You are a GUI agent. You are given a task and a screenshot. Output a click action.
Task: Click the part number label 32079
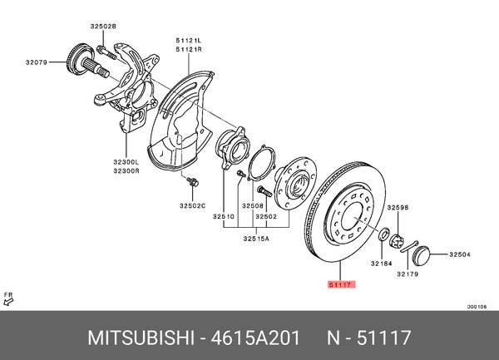click(x=37, y=61)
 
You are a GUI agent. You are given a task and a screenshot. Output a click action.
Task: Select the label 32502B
click(x=105, y=26)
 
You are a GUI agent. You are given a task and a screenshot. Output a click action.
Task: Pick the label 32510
click(x=222, y=217)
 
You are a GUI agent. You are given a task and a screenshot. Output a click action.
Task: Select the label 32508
click(x=253, y=205)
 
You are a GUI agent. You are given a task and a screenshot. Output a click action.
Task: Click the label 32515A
click(x=254, y=239)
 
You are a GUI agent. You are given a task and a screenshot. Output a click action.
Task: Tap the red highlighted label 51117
click(x=340, y=284)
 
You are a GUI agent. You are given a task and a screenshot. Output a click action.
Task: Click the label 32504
click(x=460, y=254)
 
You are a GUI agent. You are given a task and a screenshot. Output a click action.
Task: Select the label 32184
click(x=382, y=264)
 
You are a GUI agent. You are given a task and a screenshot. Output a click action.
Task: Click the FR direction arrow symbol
click(x=10, y=301)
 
